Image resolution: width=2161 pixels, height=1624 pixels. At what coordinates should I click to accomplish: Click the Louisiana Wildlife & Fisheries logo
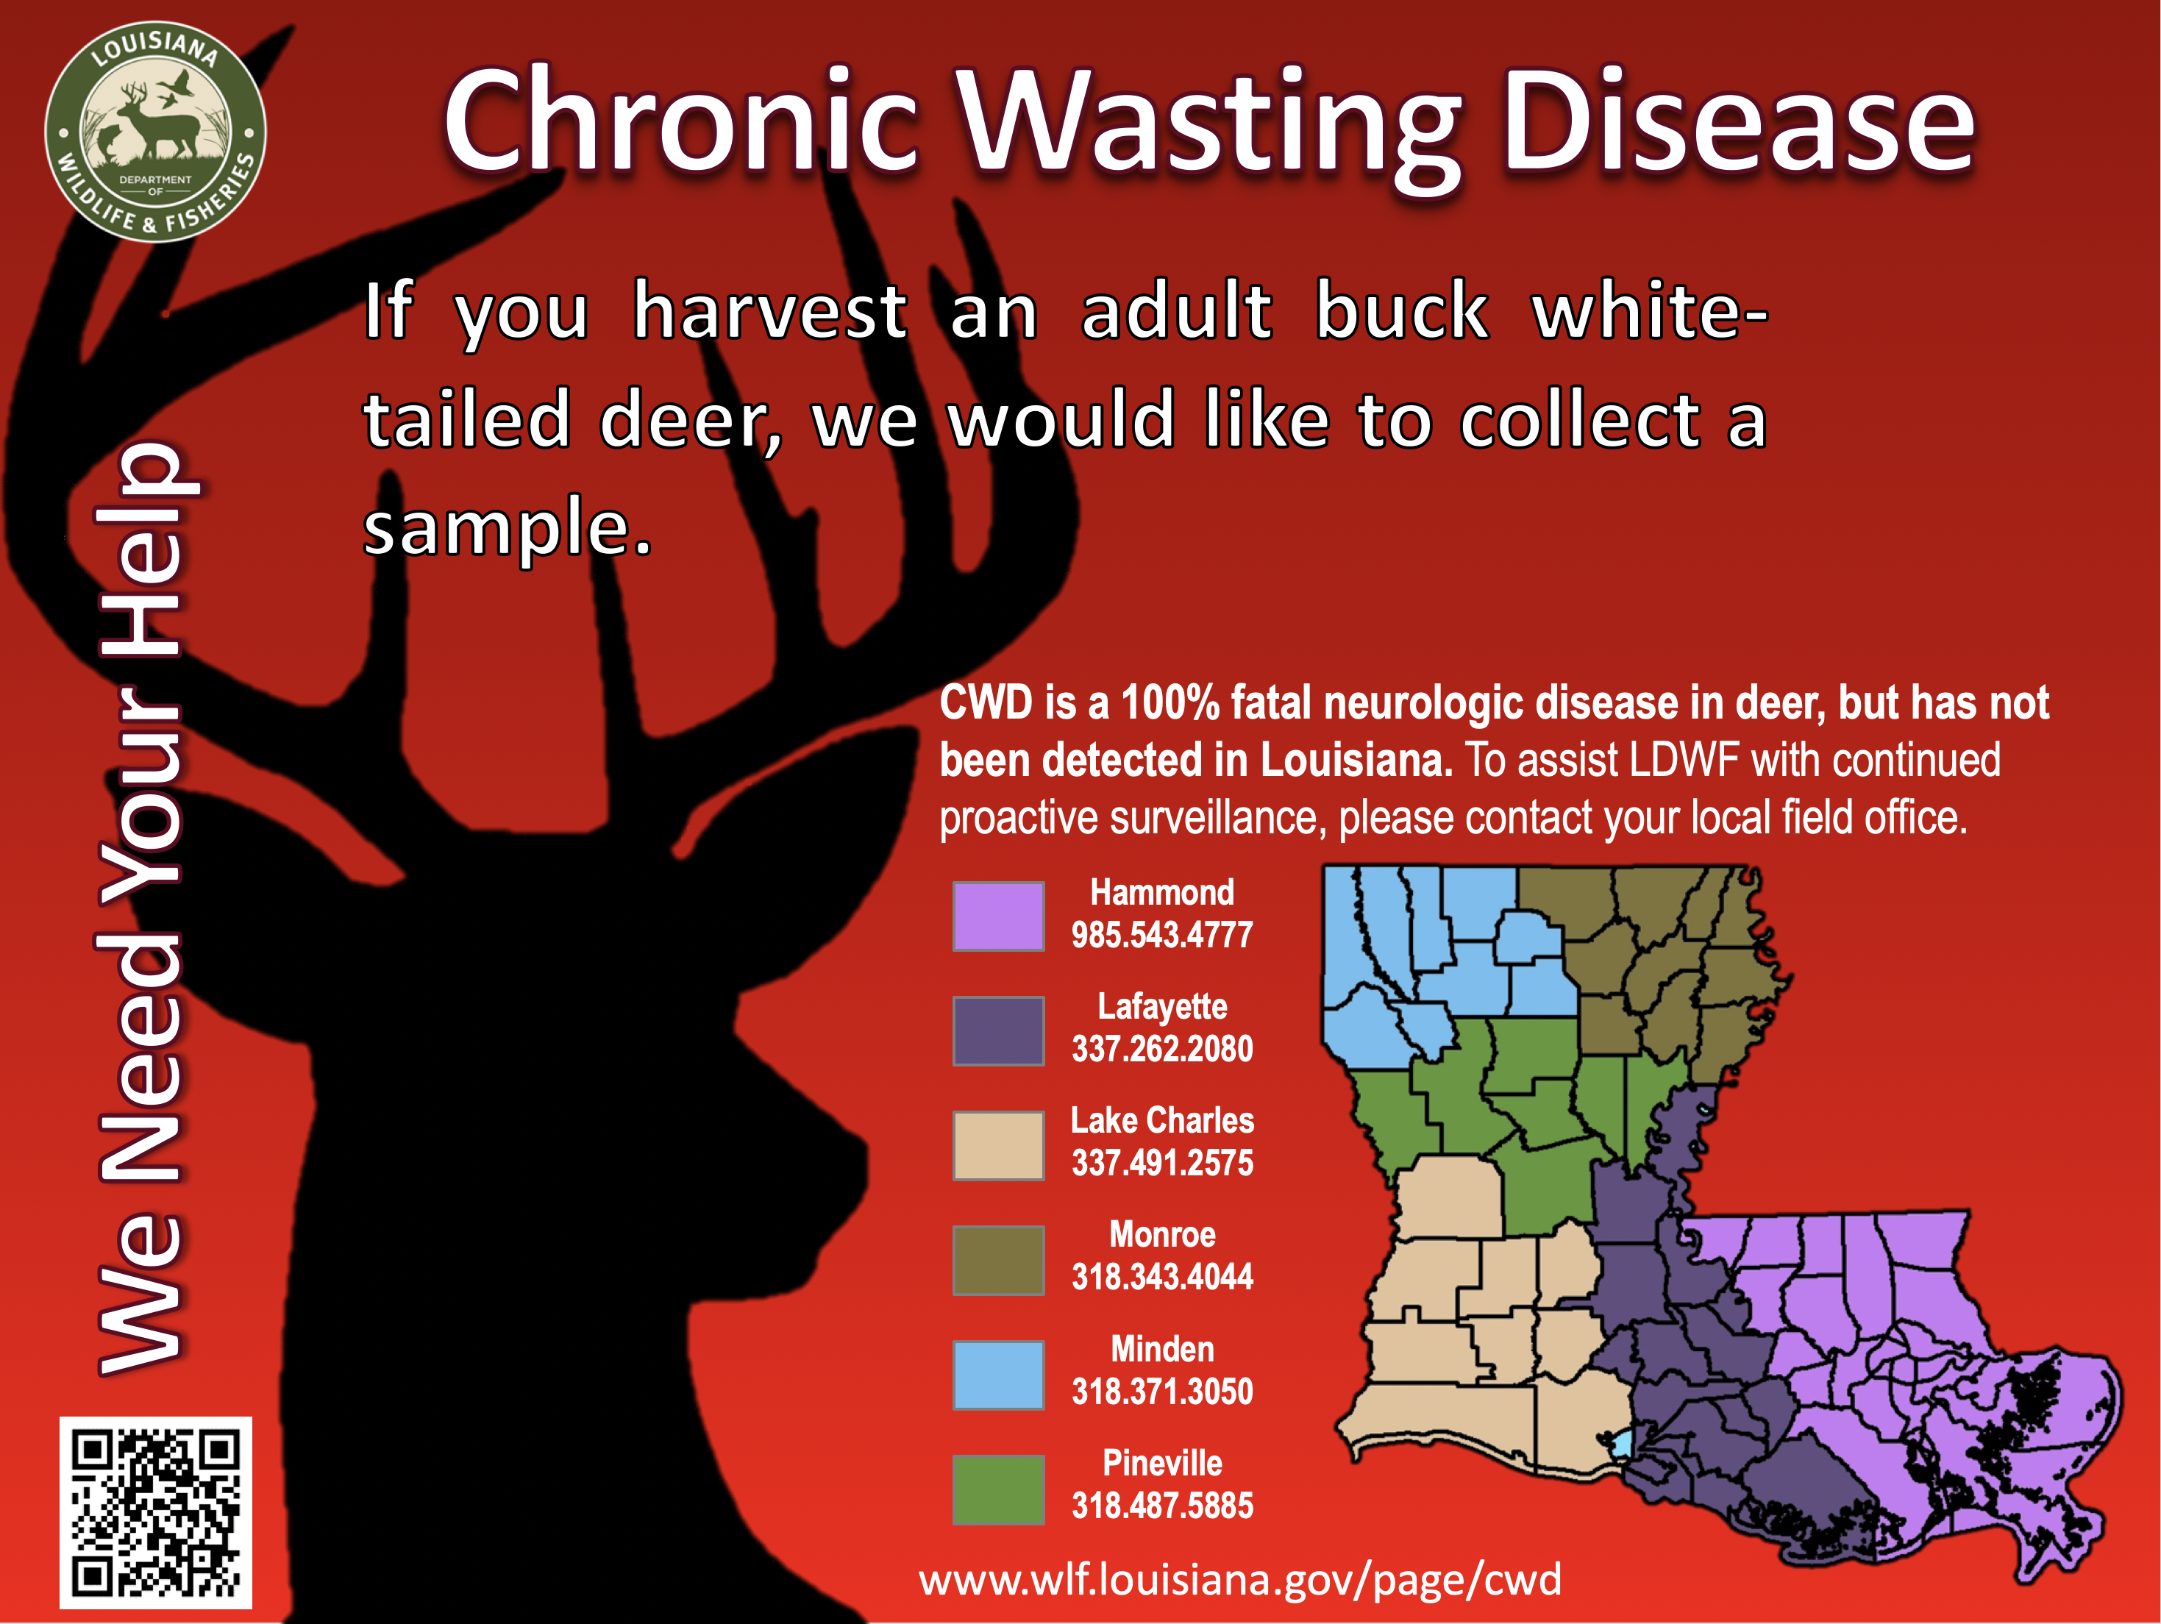(155, 132)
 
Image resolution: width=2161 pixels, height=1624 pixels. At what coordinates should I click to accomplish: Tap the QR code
(155, 1513)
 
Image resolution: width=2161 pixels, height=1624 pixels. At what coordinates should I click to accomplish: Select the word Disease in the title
(1738, 122)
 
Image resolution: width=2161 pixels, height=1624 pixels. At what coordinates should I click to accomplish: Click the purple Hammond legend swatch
(998, 916)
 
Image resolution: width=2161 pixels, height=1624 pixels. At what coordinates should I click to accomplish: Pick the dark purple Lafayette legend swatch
(998, 1030)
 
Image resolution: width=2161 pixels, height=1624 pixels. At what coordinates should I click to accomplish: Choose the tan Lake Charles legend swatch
(998, 1145)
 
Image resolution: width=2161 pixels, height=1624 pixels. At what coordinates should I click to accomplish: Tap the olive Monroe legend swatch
(998, 1259)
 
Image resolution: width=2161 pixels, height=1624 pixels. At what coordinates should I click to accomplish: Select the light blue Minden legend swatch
(998, 1375)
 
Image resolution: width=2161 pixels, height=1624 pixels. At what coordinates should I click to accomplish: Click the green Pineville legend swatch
(998, 1489)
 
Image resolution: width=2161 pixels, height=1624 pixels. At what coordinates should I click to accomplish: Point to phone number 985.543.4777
(1161, 935)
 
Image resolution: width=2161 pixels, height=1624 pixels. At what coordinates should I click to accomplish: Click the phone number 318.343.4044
(1161, 1276)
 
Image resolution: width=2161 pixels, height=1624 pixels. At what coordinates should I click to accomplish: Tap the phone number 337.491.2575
(1161, 1163)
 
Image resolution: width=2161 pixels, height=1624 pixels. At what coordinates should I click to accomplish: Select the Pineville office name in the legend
(1161, 1463)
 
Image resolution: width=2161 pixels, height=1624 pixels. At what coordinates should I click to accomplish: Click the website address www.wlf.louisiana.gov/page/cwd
(1239, 1579)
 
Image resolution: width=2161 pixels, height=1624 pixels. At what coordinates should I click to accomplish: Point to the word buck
(1402, 310)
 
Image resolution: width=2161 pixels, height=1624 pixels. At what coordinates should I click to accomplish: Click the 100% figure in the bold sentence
(1169, 702)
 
